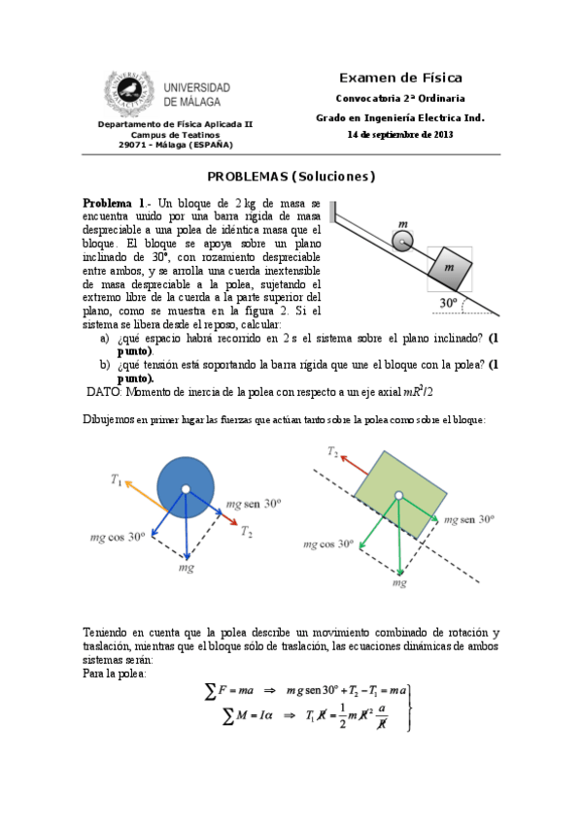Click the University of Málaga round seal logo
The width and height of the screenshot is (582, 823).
tap(129, 91)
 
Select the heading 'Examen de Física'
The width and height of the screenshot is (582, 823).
tap(400, 79)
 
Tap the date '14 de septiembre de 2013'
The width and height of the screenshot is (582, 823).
tap(400, 134)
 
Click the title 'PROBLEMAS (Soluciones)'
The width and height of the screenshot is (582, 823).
tap(291, 177)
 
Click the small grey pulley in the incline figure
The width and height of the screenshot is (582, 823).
tap(402, 242)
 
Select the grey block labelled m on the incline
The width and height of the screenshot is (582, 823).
tap(450, 268)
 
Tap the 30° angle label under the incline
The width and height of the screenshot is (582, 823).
tap(448, 303)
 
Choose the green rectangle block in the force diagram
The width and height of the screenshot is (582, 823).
tap(400, 494)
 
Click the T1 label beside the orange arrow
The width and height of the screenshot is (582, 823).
tap(116, 479)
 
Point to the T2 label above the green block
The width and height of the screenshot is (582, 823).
tap(333, 451)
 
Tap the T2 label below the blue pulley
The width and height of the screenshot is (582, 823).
tap(247, 532)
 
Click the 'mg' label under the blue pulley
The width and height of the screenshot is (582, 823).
tap(187, 568)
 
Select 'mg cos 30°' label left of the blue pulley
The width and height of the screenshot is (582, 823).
tap(118, 538)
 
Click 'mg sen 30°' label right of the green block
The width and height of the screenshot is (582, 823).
tap(469, 519)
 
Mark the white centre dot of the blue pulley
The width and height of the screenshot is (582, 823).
tap(186, 489)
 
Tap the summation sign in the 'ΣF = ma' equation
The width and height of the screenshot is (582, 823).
tap(210, 691)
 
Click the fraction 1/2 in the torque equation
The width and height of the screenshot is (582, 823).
tap(342, 716)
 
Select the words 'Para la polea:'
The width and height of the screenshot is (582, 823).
tap(114, 674)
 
